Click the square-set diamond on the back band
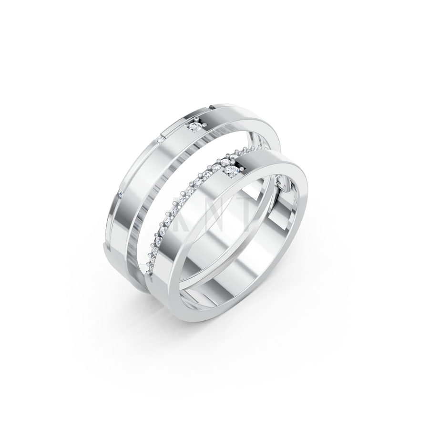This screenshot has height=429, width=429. click(195, 126)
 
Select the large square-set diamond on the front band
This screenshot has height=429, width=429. click(232, 171)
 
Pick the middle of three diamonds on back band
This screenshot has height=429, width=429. click(161, 139)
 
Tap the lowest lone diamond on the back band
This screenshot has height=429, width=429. click(121, 193)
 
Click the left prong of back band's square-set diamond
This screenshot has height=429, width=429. click(189, 127)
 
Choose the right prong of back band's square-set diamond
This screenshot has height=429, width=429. click(201, 126)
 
